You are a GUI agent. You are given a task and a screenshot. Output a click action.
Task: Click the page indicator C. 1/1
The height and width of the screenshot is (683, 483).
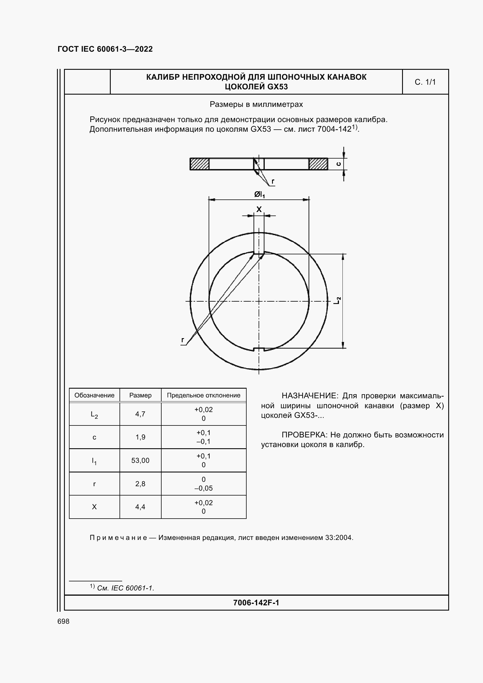tap(425, 82)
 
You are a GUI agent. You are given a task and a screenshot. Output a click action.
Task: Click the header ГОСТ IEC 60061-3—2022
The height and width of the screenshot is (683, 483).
tap(105, 49)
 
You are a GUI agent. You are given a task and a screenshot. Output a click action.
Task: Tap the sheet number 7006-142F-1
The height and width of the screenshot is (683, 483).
tap(256, 603)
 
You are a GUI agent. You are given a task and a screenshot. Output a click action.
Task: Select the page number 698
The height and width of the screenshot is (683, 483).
tap(63, 621)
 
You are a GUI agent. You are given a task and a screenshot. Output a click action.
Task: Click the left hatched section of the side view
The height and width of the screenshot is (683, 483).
tap(200, 164)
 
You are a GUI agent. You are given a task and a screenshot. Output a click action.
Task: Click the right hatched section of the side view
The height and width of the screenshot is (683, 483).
tap(318, 164)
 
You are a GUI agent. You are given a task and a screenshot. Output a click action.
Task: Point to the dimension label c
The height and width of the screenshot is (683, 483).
tap(338, 164)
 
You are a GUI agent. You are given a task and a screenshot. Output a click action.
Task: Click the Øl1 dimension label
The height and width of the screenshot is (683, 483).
tap(259, 194)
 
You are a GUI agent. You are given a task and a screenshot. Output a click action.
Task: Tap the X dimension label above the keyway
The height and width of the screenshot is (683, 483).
tap(259, 209)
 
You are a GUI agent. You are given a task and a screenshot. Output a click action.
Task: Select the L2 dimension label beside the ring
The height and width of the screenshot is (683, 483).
tap(337, 300)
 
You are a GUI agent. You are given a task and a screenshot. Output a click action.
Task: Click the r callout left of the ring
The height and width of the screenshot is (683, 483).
tap(183, 340)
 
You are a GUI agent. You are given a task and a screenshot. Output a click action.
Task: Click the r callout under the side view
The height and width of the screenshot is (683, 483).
tap(273, 181)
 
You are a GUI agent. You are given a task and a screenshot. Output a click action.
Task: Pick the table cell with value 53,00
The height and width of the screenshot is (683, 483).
tap(140, 460)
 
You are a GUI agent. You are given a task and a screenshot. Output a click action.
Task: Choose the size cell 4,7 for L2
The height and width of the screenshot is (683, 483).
tap(140, 414)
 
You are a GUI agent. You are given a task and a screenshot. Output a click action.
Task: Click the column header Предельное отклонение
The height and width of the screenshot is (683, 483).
tap(204, 395)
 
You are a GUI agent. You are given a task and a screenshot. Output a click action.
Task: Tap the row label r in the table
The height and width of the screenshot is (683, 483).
tap(94, 484)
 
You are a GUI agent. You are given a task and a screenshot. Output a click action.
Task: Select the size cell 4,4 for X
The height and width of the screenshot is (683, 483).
tap(140, 507)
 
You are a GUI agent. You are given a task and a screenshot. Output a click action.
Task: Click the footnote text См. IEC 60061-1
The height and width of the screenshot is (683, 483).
tap(126, 588)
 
